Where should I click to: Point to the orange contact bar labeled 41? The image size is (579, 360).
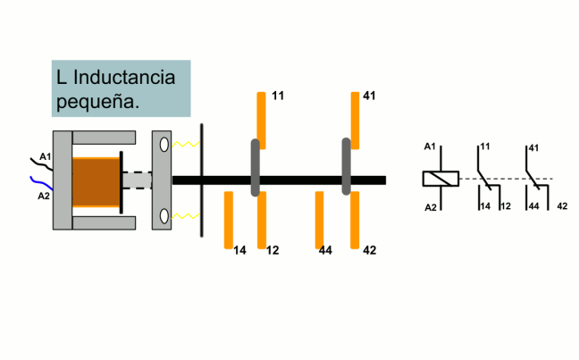tap(355, 118)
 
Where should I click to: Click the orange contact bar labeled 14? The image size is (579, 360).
tap(229, 219)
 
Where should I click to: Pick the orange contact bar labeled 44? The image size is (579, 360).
tap(319, 219)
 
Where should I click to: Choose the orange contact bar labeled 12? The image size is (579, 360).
tap(262, 221)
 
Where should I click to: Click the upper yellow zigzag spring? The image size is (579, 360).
tap(185, 144)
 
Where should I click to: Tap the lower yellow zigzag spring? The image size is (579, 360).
tap(185, 216)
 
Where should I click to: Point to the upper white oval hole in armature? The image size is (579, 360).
tap(164, 144)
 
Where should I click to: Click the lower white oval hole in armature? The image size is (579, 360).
tap(164, 216)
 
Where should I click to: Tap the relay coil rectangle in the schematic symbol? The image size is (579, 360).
tap(441, 178)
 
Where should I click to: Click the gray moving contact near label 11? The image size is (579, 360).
tap(256, 167)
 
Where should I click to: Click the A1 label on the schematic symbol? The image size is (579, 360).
tap(430, 147)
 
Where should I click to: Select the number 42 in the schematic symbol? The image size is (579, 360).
tap(562, 206)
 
